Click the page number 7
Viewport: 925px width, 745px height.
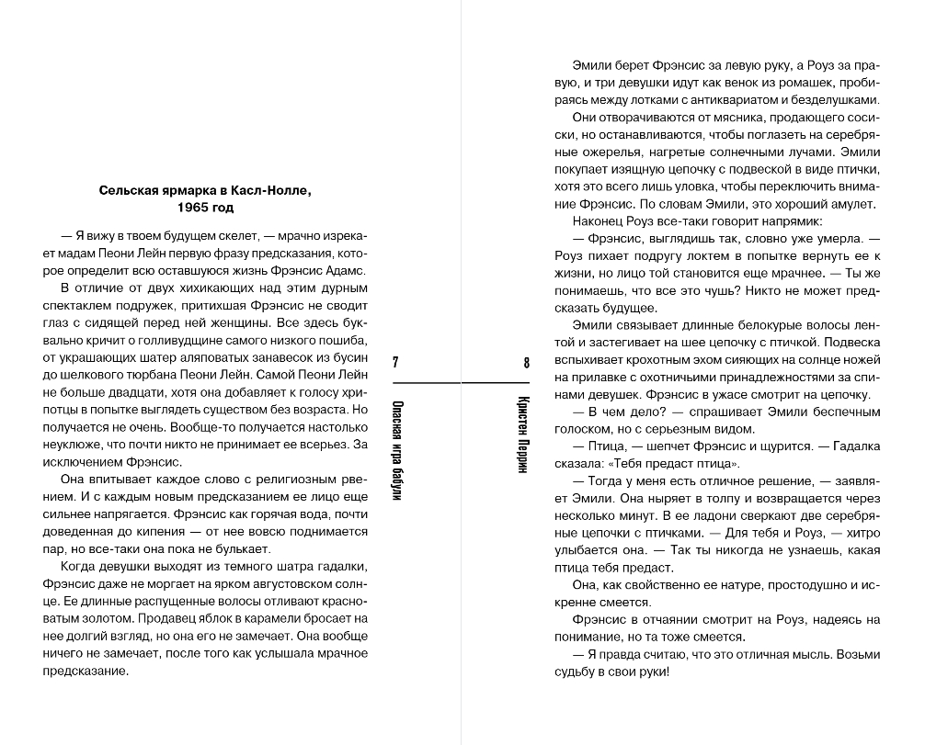tap(395, 363)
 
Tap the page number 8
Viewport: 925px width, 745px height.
tap(527, 363)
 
